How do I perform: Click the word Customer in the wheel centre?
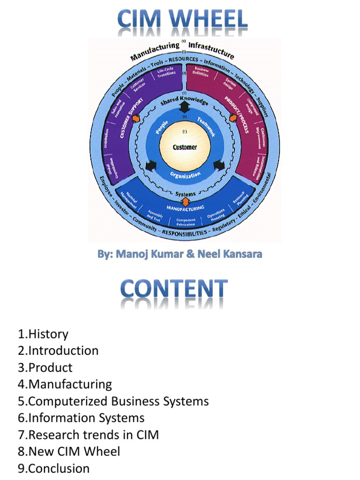tap(185, 147)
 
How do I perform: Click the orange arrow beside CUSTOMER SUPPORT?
tap(136, 119)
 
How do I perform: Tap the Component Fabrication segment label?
tap(186, 221)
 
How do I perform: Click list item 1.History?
tap(44, 334)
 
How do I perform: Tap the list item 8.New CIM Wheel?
tap(69, 451)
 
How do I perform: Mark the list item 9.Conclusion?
tap(54, 468)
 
